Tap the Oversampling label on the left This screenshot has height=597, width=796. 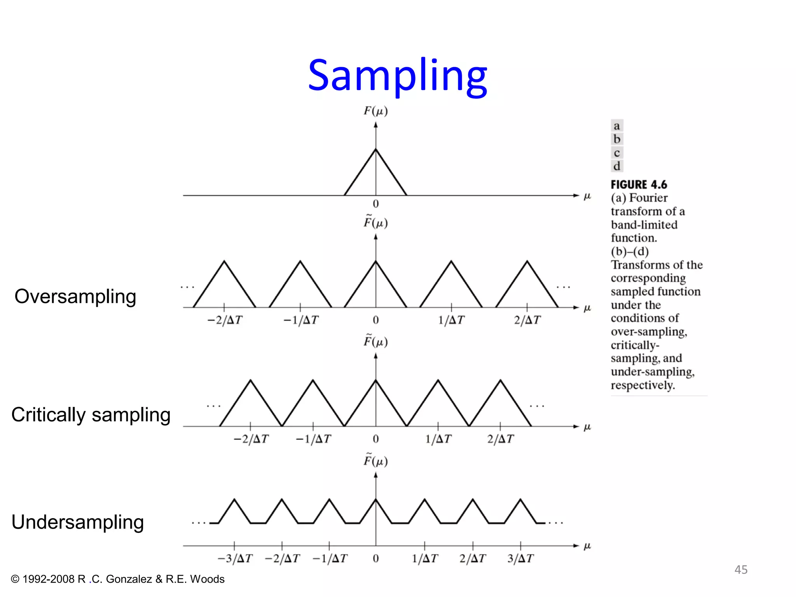point(75,297)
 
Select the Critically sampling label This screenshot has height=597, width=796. point(91,415)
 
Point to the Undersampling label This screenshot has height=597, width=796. point(77,522)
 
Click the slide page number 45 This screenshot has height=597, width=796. point(741,570)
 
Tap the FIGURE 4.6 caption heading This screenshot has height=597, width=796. point(639,185)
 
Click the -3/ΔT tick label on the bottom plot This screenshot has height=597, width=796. point(235,559)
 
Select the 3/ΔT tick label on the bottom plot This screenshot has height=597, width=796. point(520,559)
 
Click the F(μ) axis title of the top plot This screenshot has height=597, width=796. point(375,111)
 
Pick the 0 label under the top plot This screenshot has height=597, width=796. point(375,204)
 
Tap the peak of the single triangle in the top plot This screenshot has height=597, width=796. point(375,149)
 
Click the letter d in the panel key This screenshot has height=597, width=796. point(617,166)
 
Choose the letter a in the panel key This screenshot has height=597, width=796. point(617,126)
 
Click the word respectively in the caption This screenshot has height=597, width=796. point(642,385)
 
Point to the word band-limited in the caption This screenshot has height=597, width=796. point(644,225)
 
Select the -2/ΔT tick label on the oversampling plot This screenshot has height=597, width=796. point(225,320)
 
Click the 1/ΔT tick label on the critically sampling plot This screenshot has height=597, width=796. point(438,439)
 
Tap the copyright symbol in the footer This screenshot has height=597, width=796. point(15,579)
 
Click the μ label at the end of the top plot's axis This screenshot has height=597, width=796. point(587,196)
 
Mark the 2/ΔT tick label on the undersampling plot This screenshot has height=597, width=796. point(473,559)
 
